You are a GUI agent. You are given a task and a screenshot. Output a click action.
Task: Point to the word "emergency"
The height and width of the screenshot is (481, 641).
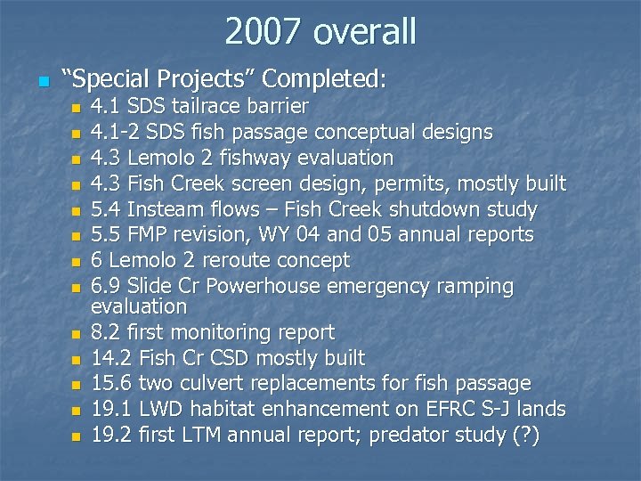377,287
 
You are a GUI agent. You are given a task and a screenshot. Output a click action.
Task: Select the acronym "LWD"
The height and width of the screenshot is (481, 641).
160,410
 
